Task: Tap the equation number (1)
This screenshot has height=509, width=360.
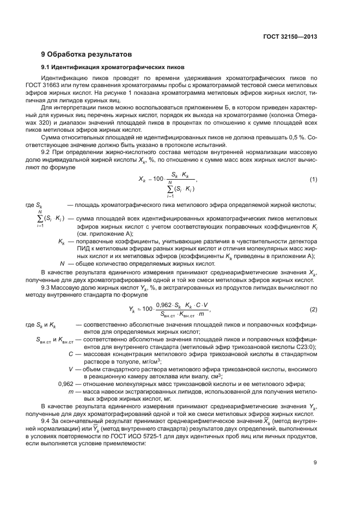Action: [x=313, y=179]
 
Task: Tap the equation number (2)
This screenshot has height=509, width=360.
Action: [x=313, y=309]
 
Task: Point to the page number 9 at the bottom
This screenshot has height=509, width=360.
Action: [x=315, y=463]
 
